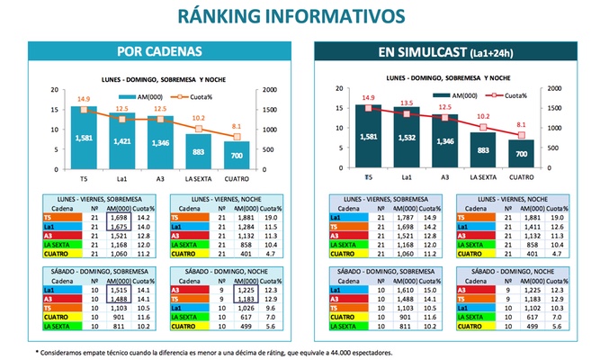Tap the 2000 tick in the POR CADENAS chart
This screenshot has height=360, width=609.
click(267, 89)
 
